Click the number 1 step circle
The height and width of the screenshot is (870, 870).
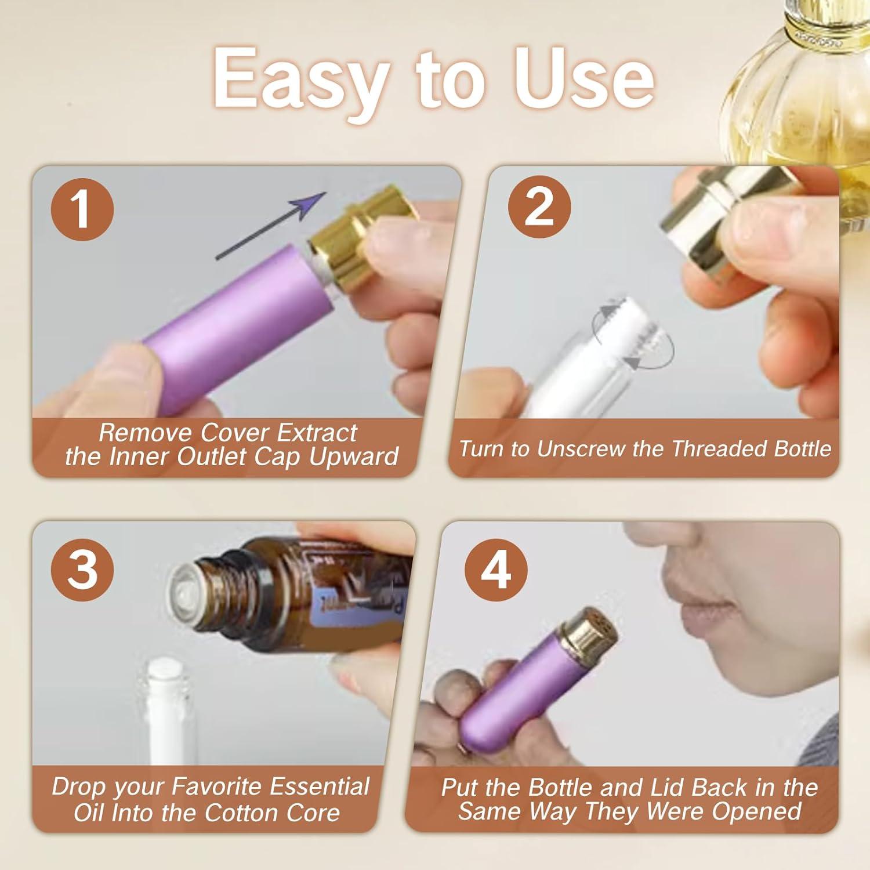[x=82, y=209]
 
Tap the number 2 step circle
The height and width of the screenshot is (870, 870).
[x=539, y=206]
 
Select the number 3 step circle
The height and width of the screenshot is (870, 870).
[x=82, y=569]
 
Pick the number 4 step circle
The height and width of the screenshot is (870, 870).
[x=496, y=569]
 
